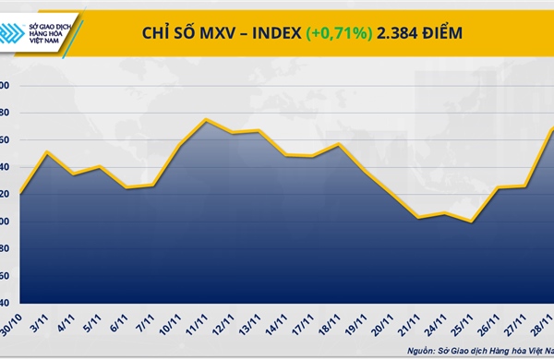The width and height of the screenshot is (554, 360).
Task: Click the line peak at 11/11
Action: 206,119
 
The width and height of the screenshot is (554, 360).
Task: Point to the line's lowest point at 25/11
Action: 473,222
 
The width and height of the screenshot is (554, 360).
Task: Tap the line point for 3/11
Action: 47,152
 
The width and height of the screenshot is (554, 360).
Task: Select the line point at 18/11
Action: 340,144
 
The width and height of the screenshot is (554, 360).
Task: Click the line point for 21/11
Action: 419,218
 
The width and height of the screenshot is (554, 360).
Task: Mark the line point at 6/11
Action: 126,187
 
